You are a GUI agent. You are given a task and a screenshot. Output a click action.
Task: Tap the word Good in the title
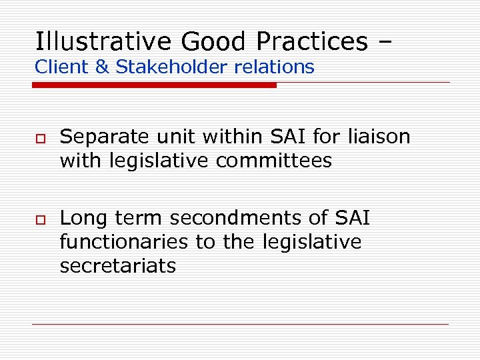(x=217, y=41)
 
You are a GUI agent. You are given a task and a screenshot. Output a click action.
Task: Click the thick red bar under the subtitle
(x=155, y=85)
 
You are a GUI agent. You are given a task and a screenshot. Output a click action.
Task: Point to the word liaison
(x=379, y=137)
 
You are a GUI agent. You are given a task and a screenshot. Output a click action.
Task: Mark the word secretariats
(x=118, y=266)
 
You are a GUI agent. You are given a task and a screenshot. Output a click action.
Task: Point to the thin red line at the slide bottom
(x=240, y=324)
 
